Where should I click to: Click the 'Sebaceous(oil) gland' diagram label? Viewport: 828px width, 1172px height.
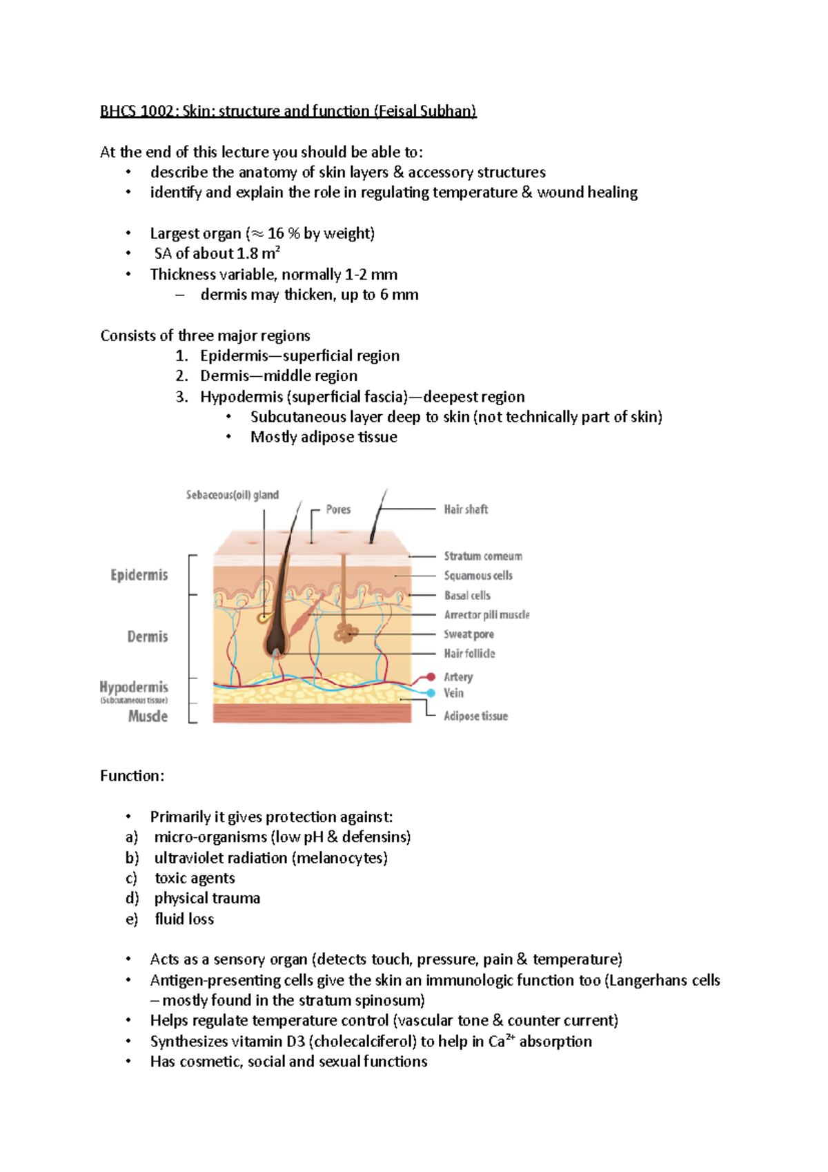coord(232,495)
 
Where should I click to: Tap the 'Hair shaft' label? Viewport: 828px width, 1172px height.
coord(466,509)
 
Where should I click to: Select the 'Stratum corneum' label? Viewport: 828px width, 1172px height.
coord(483,556)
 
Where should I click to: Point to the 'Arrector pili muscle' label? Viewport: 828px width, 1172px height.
coord(486,615)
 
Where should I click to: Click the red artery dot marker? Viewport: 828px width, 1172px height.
coord(431,677)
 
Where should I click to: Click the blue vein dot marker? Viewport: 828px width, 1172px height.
coord(431,693)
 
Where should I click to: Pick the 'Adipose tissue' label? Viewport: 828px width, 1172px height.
coord(475,716)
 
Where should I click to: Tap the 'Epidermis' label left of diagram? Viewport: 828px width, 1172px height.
coord(139,575)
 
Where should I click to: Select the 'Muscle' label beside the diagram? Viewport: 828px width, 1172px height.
coord(148,716)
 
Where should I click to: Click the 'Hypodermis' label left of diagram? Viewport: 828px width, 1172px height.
coord(134,687)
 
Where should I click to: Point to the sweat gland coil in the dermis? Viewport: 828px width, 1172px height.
coord(345,632)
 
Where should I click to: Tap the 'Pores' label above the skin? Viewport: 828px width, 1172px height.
coord(338,509)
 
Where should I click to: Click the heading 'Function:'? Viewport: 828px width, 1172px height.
coord(132,776)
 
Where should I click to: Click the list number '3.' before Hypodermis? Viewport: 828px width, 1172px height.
coord(181,397)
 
